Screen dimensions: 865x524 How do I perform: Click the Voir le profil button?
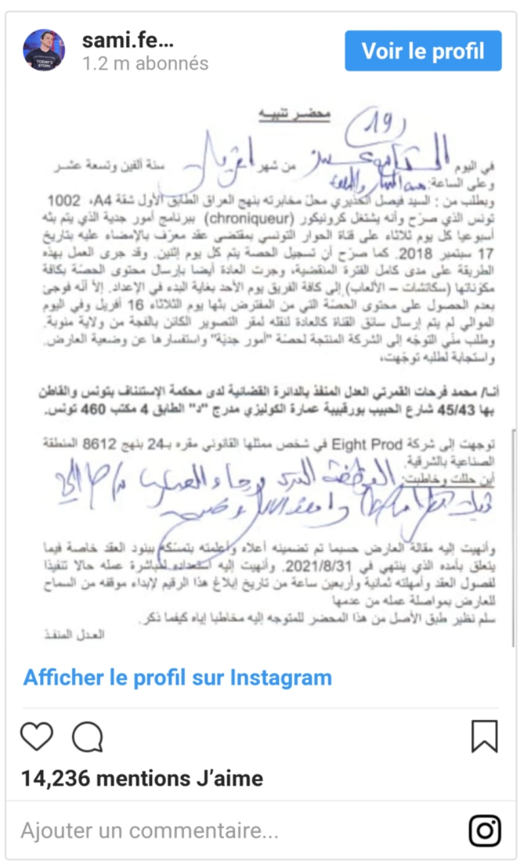[x=423, y=51]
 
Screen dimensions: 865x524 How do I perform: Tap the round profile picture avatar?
[x=44, y=50]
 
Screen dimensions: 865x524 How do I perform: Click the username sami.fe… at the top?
[x=128, y=41]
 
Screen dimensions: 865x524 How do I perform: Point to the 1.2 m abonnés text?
[x=145, y=64]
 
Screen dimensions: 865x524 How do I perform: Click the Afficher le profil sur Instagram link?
[x=178, y=677]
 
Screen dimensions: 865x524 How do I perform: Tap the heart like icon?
[x=37, y=736]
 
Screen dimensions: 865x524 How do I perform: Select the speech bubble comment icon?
[x=88, y=736]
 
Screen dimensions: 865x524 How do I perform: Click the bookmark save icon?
[x=485, y=736]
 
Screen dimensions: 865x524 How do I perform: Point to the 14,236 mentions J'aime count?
[x=142, y=778]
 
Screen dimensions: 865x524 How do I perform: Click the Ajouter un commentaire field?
[x=150, y=831]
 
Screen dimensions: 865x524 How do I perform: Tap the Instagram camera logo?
[x=485, y=831]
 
